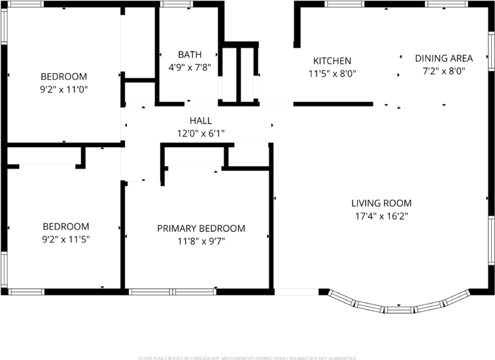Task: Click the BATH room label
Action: (190, 54)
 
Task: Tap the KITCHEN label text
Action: (332, 61)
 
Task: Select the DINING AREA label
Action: (444, 58)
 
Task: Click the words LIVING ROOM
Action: (381, 203)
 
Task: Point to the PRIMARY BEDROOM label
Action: (201, 228)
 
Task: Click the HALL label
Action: (200, 121)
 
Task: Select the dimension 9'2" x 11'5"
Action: (65, 239)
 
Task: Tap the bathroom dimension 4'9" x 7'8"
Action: (190, 67)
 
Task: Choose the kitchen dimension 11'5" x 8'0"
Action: (332, 74)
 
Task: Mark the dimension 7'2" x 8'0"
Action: (444, 71)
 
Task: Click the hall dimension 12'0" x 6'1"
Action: (200, 133)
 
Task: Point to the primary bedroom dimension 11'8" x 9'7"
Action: (201, 241)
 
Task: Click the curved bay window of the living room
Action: (400, 306)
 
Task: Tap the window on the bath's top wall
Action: (173, 4)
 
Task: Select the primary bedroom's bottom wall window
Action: (173, 291)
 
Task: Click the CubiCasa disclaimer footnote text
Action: (247, 357)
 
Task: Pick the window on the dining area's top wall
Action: (445, 4)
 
